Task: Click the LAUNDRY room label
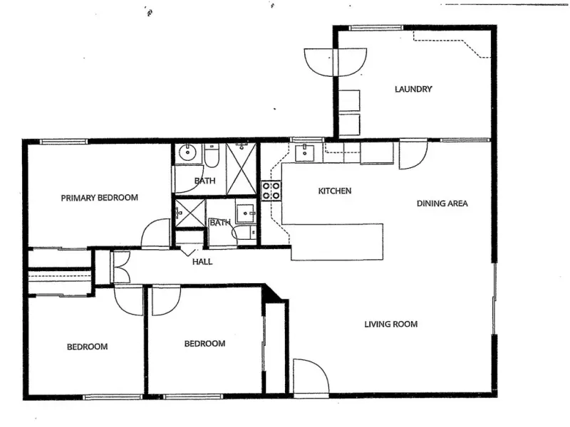point(413,89)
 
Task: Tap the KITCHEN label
point(335,191)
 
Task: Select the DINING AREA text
point(442,204)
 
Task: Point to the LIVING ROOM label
point(390,324)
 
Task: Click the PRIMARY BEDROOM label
point(99,198)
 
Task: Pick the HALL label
point(202,262)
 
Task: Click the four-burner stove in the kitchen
point(271,191)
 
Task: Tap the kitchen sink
point(305,152)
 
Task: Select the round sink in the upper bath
point(187,153)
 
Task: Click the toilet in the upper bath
point(211,155)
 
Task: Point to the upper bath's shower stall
point(241,169)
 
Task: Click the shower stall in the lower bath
point(190,213)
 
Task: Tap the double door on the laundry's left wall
point(335,62)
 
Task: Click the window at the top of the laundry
point(376,28)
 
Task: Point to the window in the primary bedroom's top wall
point(63,142)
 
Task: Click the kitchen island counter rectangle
point(337,242)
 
